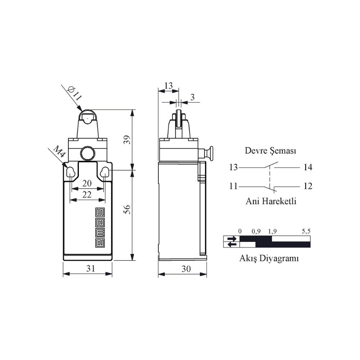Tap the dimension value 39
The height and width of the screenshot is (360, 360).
coord(127,140)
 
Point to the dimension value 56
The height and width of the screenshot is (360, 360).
coord(127,209)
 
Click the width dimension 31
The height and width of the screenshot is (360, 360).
coord(91,268)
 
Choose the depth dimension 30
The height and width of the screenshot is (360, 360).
coord(186,269)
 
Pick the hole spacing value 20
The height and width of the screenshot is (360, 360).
coord(87,183)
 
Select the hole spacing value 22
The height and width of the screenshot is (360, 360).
coord(87,195)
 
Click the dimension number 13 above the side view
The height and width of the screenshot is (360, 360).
coord(168,86)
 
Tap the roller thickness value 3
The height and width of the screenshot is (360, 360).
coord(192,97)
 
